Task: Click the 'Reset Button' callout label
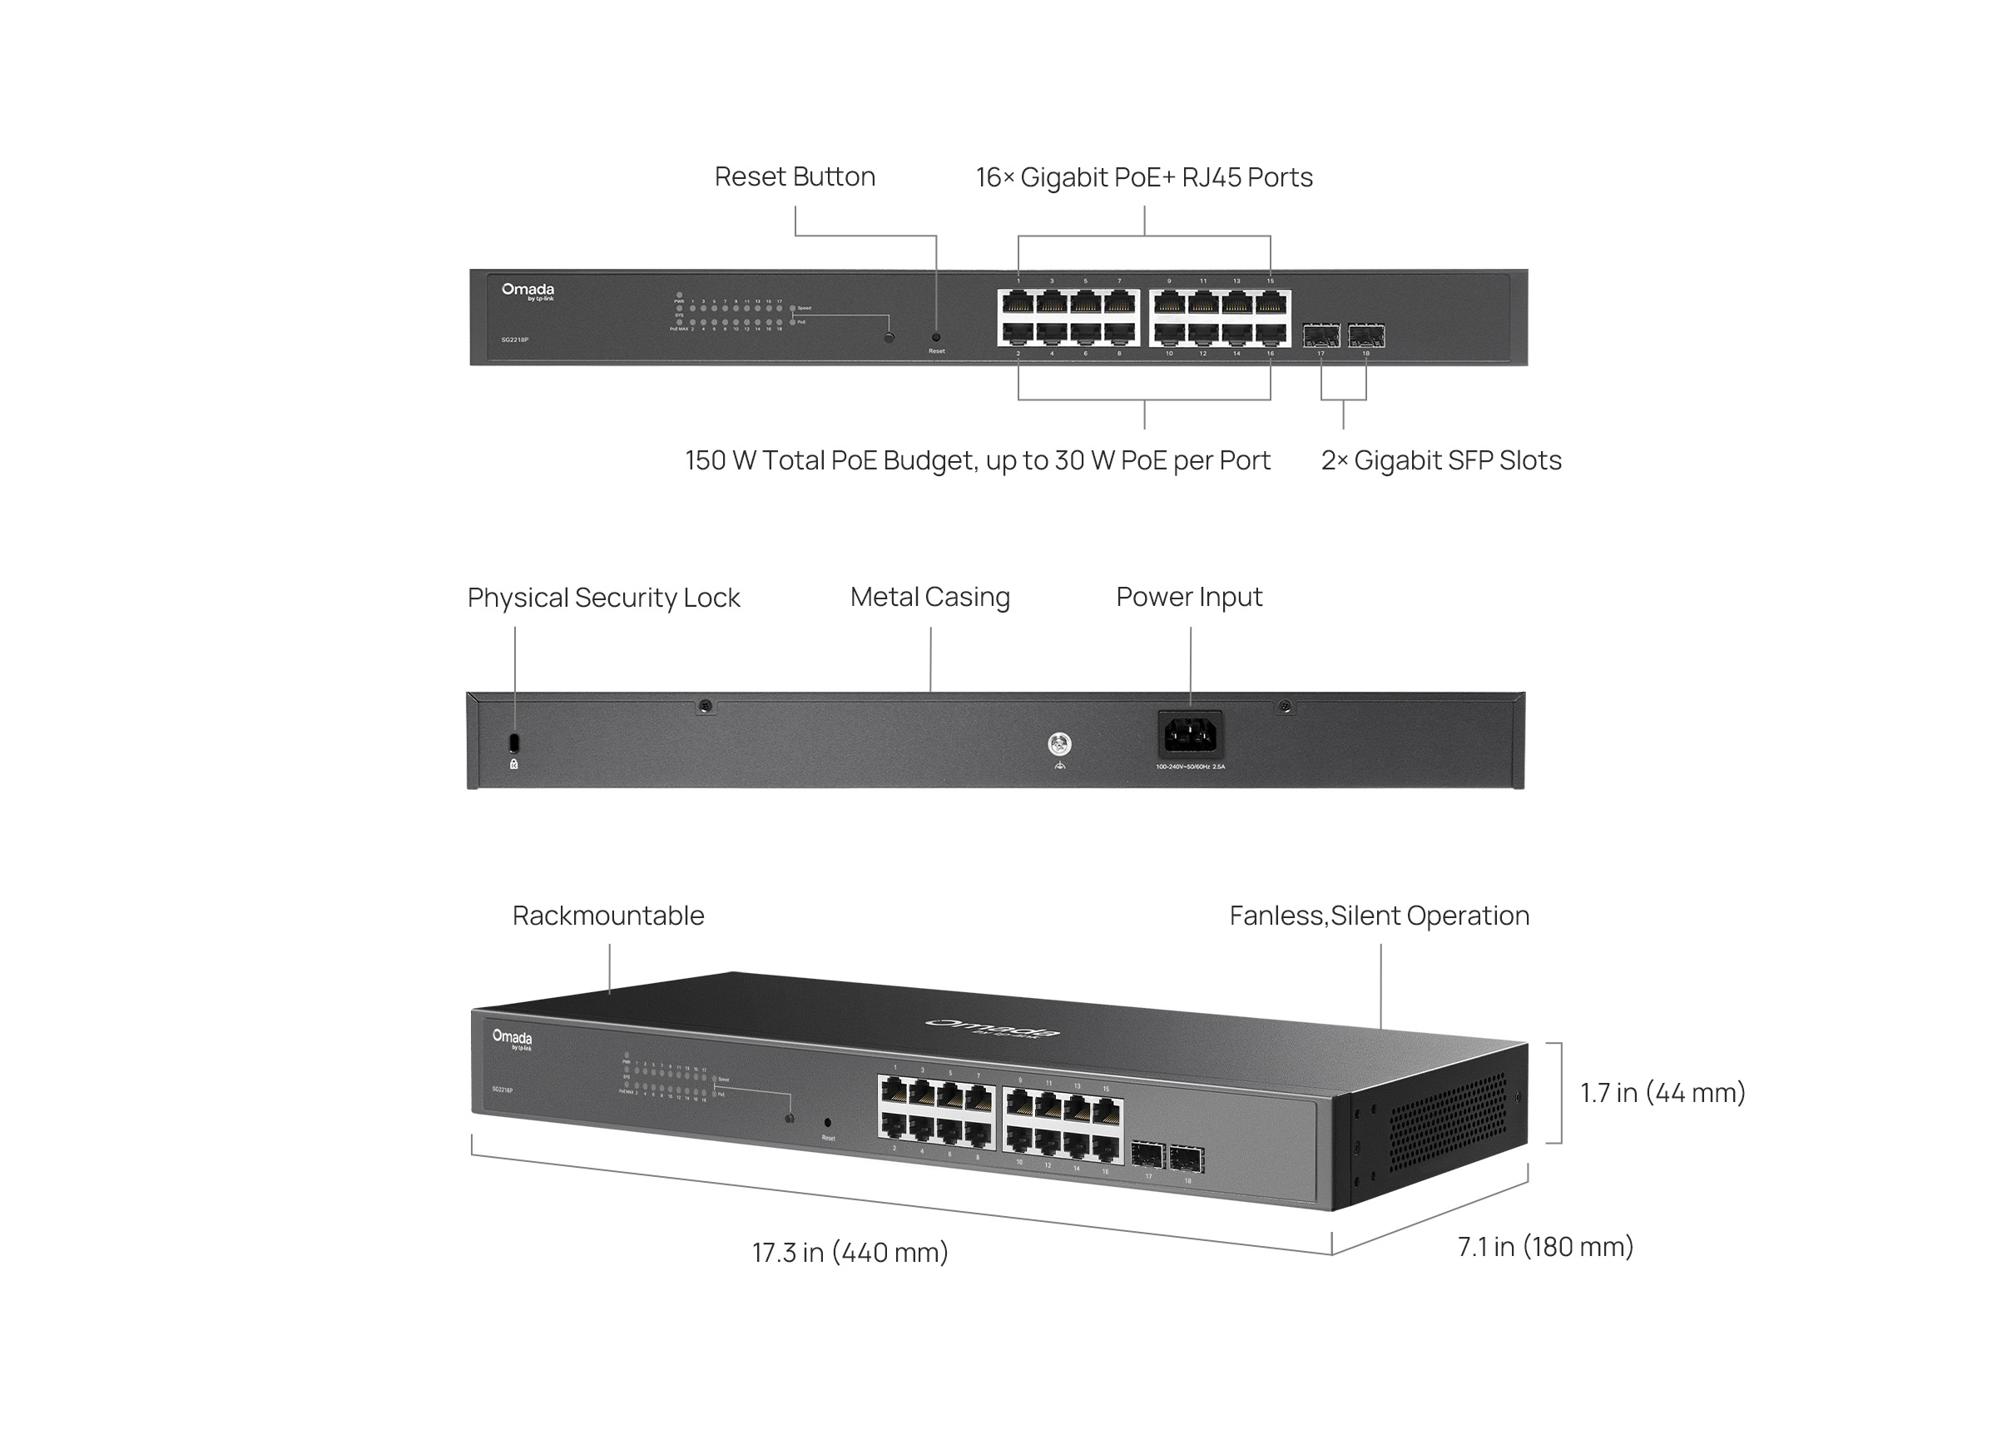click(x=794, y=177)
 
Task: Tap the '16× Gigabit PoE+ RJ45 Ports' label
click(x=1143, y=178)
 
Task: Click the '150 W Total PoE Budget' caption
click(x=977, y=460)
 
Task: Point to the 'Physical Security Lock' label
click(x=603, y=598)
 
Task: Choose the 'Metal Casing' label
click(x=929, y=597)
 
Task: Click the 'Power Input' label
click(x=1188, y=597)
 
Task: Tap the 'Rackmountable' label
click(x=608, y=916)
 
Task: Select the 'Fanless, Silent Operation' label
click(x=1378, y=916)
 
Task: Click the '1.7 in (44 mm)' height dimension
click(x=1662, y=1093)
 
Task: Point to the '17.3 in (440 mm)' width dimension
click(x=850, y=1252)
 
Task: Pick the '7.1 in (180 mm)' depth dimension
click(x=1544, y=1247)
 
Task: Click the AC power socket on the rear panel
click(x=1190, y=735)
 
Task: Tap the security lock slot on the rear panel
click(x=515, y=742)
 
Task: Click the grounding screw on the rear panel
click(x=1060, y=745)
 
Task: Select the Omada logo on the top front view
click(x=528, y=290)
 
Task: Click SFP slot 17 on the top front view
click(x=1321, y=335)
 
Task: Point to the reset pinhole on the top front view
click(x=935, y=337)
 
